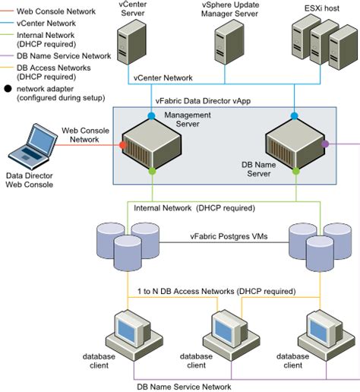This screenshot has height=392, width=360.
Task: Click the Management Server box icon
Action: coord(153,144)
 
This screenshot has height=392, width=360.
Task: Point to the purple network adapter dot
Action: coord(325,143)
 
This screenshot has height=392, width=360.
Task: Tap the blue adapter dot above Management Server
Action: coord(153,115)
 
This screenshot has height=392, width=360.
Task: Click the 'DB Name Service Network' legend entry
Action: coord(63,55)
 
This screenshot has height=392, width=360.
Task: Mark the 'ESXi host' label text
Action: coord(311,7)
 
